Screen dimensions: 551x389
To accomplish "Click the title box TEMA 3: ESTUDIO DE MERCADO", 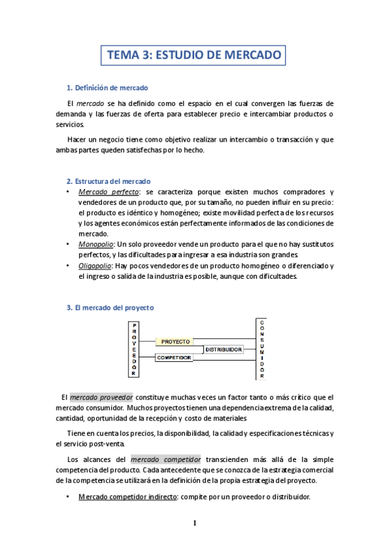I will click(x=194, y=55).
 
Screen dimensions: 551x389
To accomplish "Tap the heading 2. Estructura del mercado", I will click(x=108, y=181).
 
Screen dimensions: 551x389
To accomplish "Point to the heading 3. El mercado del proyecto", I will click(x=110, y=307).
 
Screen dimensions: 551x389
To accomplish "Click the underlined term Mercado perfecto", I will click(x=108, y=192).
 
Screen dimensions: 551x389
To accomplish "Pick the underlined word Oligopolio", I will click(x=95, y=266).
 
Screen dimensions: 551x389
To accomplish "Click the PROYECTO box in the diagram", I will click(x=175, y=341).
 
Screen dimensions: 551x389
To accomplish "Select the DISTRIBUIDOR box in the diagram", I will click(x=224, y=350).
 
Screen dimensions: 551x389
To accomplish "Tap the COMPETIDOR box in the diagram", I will click(x=174, y=358).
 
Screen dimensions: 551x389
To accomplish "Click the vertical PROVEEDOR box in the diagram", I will click(x=134, y=349).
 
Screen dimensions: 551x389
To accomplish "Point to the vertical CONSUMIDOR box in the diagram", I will click(x=262, y=349).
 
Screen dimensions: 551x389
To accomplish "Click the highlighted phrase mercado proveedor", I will click(x=101, y=397).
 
